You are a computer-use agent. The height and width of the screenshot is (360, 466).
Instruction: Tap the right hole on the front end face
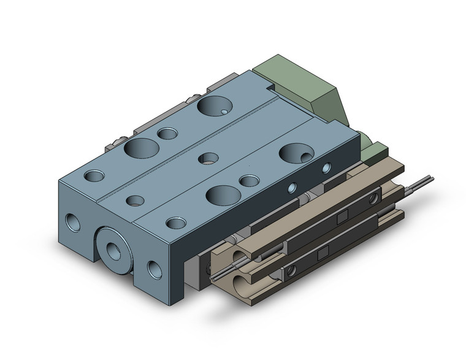153,268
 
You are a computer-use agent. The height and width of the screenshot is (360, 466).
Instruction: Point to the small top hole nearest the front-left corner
94,176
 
